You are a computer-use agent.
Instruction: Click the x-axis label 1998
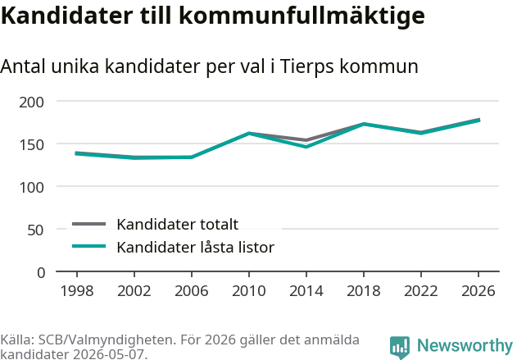[77, 290]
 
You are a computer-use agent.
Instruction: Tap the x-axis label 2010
[249, 290]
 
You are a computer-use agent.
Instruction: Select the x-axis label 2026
[478, 290]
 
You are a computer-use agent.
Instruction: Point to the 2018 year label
[363, 290]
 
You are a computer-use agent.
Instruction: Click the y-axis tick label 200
[31, 103]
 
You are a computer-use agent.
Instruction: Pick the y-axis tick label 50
[35, 230]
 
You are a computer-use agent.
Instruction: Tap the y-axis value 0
[41, 273]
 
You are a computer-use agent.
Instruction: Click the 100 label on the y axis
[32, 188]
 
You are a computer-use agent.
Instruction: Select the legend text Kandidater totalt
[178, 225]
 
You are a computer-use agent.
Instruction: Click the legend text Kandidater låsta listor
[196, 247]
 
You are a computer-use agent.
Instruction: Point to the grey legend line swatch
[89, 225]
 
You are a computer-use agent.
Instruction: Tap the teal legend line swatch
[89, 246]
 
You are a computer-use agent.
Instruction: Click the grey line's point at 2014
[306, 140]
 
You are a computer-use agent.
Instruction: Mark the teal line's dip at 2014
[306, 147]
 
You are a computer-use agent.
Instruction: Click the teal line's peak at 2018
[363, 124]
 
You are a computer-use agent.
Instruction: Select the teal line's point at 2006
[192, 157]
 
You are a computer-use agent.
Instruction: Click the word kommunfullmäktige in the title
[302, 16]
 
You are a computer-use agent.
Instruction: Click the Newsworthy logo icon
[400, 348]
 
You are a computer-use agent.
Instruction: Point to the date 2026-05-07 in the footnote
[108, 354]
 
